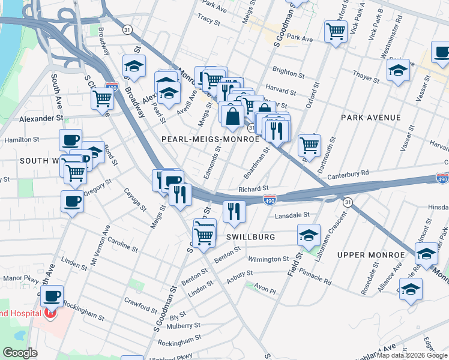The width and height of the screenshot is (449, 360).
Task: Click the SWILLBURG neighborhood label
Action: pos(251,237)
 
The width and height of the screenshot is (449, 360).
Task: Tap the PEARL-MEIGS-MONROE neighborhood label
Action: pos(211,139)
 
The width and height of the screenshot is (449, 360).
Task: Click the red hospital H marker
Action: pos(50,313)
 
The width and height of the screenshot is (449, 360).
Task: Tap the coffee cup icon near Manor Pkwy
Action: pos(52,295)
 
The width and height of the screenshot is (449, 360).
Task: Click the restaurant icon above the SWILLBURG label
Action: pos(234,211)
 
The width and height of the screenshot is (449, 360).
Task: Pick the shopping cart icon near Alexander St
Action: pos(103,98)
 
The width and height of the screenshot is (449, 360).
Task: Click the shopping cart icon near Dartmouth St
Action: pos(309,144)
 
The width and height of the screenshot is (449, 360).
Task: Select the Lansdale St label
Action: pos(292,215)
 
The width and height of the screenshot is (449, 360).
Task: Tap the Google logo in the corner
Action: pos(20,353)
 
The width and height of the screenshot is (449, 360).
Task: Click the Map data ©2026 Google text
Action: pos(412,355)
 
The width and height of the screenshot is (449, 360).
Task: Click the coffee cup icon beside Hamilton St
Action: pos(70,140)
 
